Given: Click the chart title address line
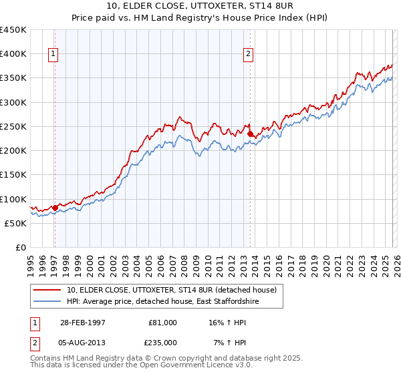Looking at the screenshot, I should click(200, 6).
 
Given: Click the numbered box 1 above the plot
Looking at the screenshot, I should click(53, 55).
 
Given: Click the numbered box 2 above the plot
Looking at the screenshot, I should click(248, 55).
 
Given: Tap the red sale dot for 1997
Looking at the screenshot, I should click(55, 208).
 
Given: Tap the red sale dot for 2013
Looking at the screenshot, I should click(250, 134).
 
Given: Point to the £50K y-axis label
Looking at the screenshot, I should click(15, 223).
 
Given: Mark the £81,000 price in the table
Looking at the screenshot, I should click(162, 322).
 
